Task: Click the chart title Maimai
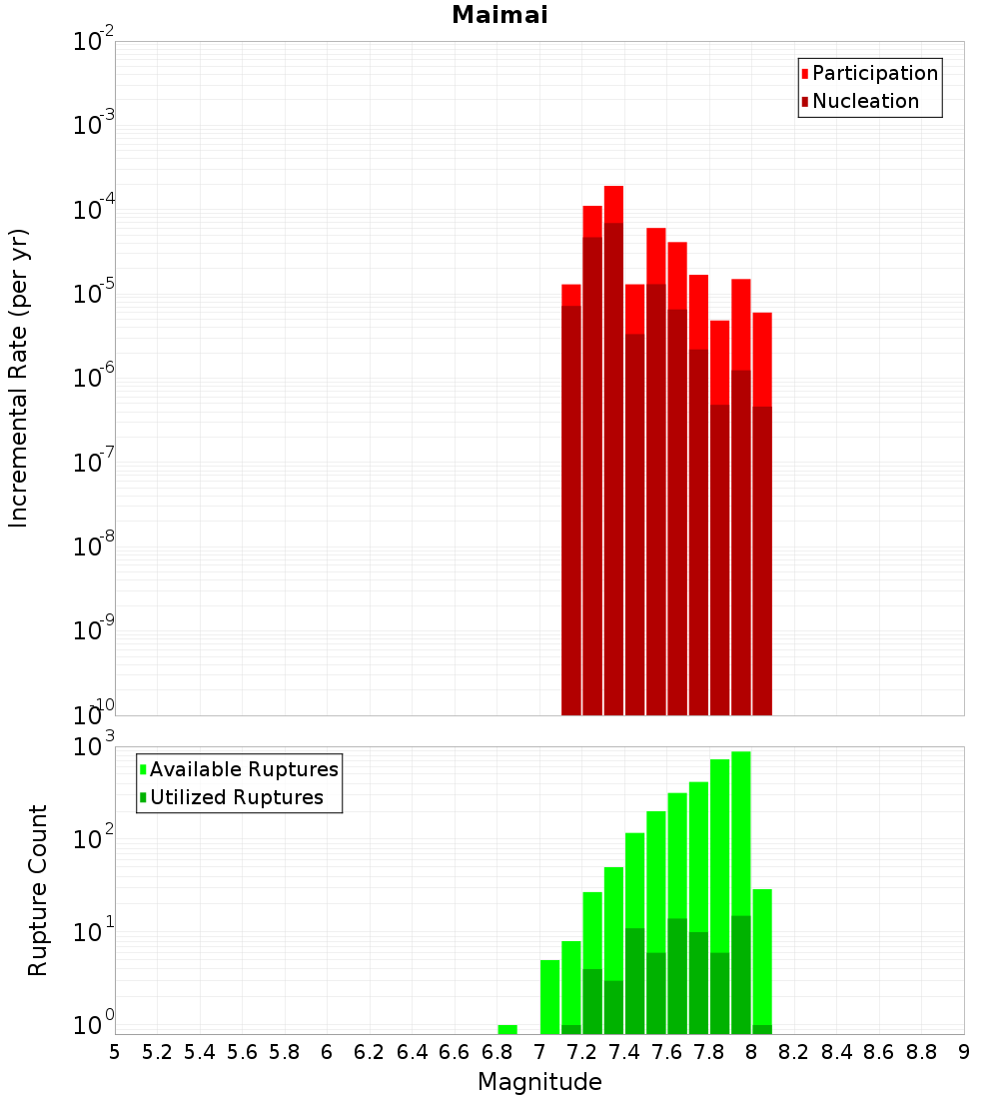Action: [499, 16]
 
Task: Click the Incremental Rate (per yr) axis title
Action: [19, 378]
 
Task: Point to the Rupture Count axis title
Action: [38, 890]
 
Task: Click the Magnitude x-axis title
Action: [539, 1082]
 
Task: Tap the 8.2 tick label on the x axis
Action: [794, 1052]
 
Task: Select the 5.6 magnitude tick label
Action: [242, 1052]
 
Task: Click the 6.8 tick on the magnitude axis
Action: [497, 1052]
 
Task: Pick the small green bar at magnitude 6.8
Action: [507, 1029]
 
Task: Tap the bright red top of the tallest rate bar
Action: [613, 204]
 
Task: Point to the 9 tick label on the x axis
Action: [964, 1052]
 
